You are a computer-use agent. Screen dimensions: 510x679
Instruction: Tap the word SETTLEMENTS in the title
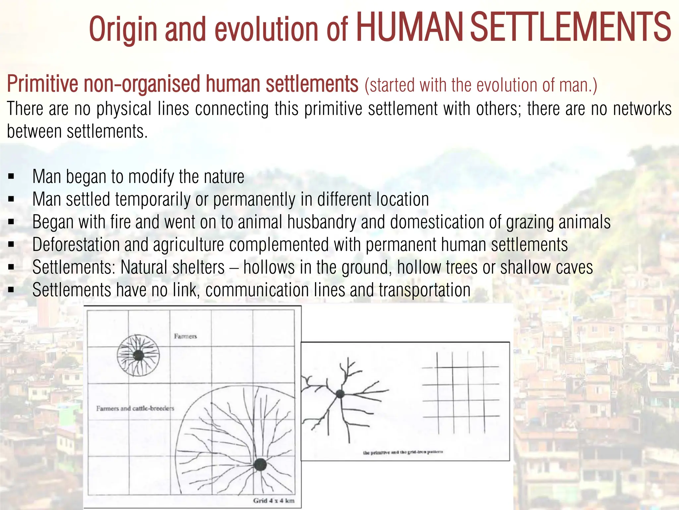coord(570,28)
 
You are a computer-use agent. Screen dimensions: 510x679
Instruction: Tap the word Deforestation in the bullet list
coord(76,245)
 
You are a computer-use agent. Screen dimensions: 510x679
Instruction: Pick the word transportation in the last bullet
coord(424,290)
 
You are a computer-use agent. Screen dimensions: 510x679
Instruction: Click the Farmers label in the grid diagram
coord(185,336)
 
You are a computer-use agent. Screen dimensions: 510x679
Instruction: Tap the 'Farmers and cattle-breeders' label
coord(135,408)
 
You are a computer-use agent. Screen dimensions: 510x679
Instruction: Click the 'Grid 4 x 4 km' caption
coord(274,500)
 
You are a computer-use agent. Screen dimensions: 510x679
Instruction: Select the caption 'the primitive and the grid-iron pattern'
coord(403,452)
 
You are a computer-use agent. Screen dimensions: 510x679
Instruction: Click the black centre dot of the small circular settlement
coord(138,356)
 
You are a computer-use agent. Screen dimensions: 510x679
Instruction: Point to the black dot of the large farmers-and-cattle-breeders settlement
coord(260,464)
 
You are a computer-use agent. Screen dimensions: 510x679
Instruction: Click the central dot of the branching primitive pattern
coord(340,394)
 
